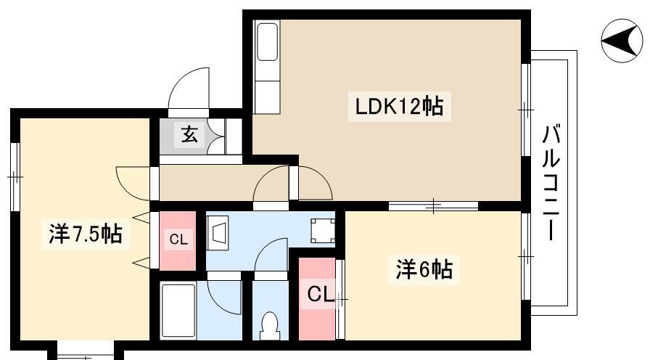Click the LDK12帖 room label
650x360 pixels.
pos(399,106)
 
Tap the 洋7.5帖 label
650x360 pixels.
pos(86,234)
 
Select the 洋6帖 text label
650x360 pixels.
pos(424,269)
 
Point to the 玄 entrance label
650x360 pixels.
pos(189,134)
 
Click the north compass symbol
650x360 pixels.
pos(622,40)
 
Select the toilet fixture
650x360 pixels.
pos(270,326)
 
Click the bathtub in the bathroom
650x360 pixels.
pos(178,311)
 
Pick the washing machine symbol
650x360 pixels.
pos(324,231)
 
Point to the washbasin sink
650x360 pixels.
pos(218,233)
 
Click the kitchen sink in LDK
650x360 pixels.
pos(267,41)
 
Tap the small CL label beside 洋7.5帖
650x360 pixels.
pos(178,240)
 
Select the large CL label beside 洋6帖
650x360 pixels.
pos(320,295)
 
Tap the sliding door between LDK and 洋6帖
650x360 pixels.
pos(433,205)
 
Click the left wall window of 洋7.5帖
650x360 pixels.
pos(15,177)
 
